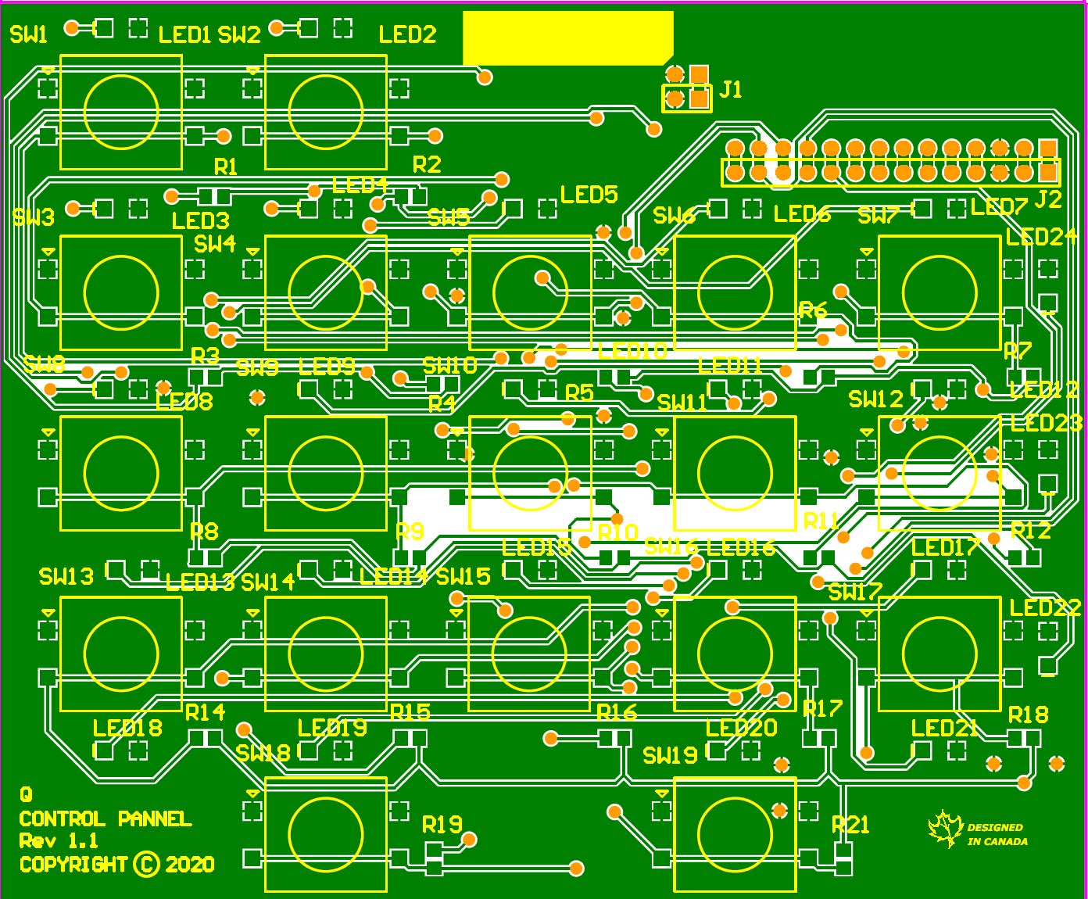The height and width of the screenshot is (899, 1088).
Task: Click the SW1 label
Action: pos(29,34)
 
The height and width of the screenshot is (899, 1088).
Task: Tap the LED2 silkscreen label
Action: pos(407,34)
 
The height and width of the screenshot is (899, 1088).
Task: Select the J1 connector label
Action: pos(730,89)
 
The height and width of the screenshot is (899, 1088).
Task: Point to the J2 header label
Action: pos(1047,199)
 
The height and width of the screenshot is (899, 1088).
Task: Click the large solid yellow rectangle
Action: pos(567,38)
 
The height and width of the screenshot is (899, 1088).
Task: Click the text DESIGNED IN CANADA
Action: pos(997,834)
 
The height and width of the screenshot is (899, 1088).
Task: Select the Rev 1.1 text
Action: pos(59,841)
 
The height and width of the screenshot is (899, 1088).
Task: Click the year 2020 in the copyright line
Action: pos(190,864)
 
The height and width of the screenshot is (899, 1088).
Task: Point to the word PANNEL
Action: pos(155,818)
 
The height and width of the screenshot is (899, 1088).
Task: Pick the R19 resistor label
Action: pos(442,825)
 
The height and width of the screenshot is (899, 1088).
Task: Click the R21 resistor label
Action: pos(850,825)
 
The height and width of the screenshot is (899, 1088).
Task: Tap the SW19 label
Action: pos(670,755)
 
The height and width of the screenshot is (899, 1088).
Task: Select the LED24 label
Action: pos(1041,237)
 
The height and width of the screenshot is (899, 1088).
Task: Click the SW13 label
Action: pos(66,577)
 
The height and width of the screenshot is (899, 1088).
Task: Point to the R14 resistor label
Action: pos(205,712)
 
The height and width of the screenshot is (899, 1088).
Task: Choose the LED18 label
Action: pos(127,728)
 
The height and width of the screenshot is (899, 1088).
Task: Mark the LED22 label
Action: pos(1045,607)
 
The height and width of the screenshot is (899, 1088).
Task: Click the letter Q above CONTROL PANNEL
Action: pos(26,795)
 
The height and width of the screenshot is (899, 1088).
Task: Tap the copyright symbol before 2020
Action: pos(146,864)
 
